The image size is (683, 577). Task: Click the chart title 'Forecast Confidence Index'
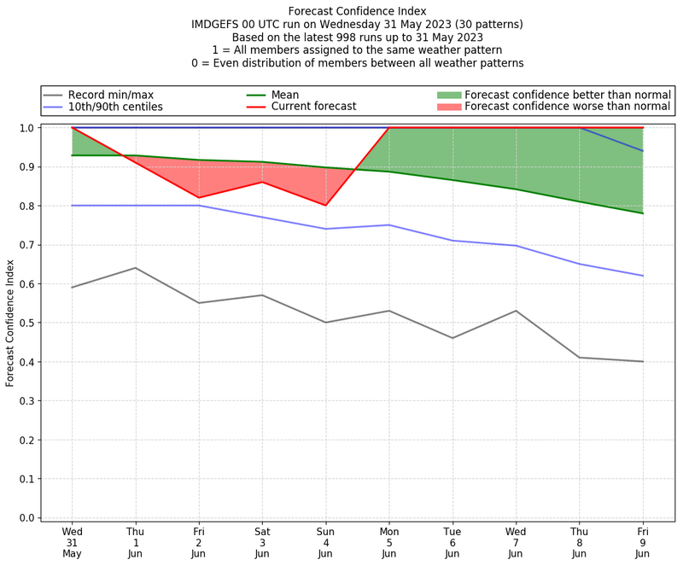click(357, 11)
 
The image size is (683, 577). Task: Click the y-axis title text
click(11, 323)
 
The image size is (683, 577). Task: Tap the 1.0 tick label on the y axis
click(26, 128)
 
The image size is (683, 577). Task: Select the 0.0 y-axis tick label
click(26, 517)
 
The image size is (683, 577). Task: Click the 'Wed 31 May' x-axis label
click(72, 542)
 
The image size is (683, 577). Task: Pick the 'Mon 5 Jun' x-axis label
click(389, 542)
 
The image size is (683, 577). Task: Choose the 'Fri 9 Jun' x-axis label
click(643, 542)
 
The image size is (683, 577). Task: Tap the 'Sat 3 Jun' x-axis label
click(262, 542)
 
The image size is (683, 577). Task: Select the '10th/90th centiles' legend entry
click(115, 107)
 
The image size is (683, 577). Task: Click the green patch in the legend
click(449, 95)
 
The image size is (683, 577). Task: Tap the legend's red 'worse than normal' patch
click(449, 107)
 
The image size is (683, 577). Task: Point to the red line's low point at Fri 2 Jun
click(199, 198)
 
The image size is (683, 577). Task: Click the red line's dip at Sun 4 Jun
click(325, 206)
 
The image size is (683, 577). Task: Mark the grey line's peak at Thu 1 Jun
click(135, 268)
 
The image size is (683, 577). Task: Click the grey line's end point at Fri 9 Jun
click(643, 362)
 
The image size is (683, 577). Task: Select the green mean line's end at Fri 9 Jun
click(643, 213)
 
